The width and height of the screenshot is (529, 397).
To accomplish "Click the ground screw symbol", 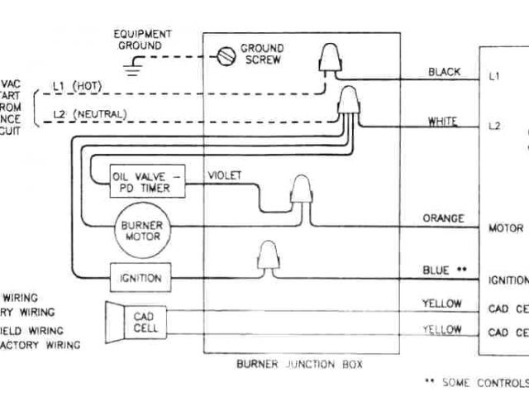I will (222, 56).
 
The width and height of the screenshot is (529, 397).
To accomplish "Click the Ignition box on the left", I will (140, 277).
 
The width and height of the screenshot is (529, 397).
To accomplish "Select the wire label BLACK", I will (444, 73).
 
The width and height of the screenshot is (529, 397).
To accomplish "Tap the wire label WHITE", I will (442, 122).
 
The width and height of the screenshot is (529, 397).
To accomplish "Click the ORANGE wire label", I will (442, 218).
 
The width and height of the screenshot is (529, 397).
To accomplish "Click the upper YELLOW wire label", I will (441, 303).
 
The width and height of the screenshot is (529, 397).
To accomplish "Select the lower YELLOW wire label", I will (441, 329).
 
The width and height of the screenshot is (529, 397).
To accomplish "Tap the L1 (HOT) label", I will (76, 84).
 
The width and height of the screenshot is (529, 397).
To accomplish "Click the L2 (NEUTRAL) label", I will (83, 112).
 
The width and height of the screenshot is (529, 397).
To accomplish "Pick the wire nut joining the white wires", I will (350, 104).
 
